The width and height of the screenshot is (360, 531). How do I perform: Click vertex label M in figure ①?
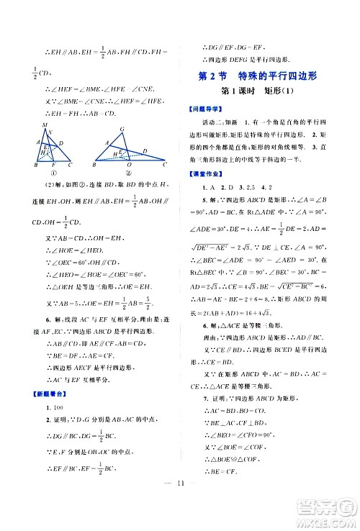pos(46,125)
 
